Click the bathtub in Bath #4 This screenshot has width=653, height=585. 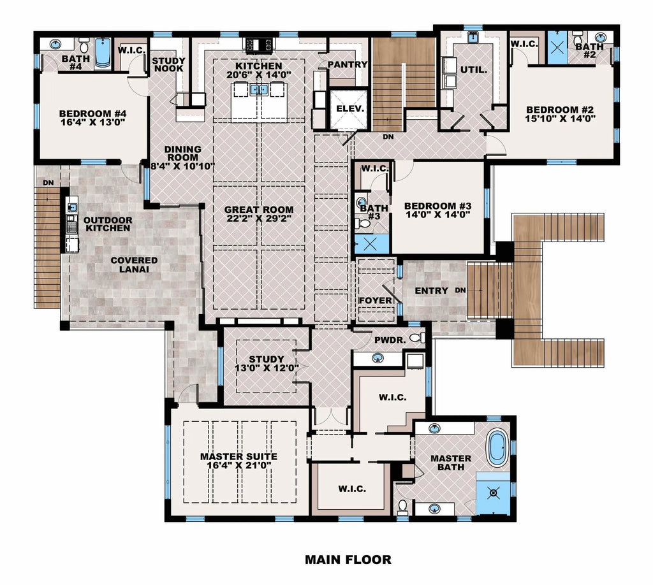[103, 53]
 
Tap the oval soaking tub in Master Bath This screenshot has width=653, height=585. [497, 449]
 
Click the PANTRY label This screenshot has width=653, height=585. [348, 64]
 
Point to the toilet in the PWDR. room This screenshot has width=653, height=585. [416, 338]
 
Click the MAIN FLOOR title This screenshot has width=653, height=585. [348, 560]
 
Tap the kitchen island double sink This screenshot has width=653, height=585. [260, 89]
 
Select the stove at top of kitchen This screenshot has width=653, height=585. [260, 45]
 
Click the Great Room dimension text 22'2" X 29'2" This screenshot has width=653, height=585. [259, 219]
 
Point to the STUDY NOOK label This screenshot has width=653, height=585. [168, 64]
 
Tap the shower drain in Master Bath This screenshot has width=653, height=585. [494, 493]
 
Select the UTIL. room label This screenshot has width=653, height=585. [474, 70]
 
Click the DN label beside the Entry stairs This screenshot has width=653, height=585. [460, 291]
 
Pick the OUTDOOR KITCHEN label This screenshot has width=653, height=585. [108, 224]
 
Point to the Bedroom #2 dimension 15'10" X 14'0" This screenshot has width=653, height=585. [560, 118]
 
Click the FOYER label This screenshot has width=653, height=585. [375, 300]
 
